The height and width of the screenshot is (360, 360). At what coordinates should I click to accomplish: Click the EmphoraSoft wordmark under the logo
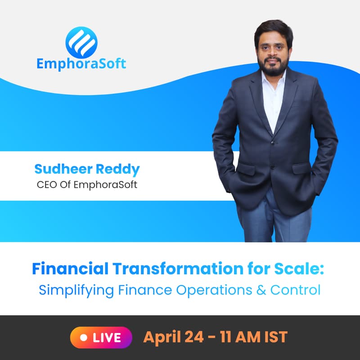[81, 63]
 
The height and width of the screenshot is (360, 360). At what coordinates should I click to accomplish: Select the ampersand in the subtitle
[261, 289]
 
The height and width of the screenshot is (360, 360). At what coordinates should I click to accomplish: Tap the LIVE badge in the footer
[101, 337]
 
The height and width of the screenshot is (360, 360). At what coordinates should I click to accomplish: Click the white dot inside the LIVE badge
[83, 337]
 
